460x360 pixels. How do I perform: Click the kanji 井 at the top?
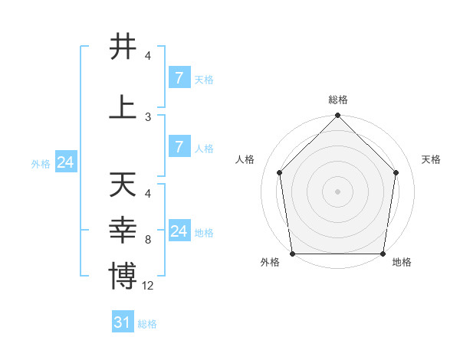(x=123, y=46)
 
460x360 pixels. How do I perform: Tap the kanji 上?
(x=123, y=106)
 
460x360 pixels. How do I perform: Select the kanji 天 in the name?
(x=123, y=185)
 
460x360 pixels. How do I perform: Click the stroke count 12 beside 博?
(x=148, y=286)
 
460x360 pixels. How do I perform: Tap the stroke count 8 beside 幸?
(x=148, y=240)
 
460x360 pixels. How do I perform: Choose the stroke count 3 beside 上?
(x=148, y=116)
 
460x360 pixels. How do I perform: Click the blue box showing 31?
(x=122, y=322)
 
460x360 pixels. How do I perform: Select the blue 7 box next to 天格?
(x=179, y=77)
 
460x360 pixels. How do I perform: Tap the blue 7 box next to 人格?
(x=179, y=147)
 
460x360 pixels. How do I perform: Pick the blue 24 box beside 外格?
(x=65, y=162)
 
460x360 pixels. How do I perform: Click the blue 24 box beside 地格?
(x=179, y=231)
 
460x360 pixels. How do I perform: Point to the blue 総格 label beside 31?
(x=147, y=324)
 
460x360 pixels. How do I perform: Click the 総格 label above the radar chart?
(x=337, y=100)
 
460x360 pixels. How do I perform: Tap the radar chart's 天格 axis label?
(x=432, y=159)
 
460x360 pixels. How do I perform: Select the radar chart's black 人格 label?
(x=245, y=159)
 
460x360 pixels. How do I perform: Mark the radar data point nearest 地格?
(x=383, y=254)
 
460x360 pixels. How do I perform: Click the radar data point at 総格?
(x=337, y=116)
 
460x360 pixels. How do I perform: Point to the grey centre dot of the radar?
(x=337, y=191)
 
